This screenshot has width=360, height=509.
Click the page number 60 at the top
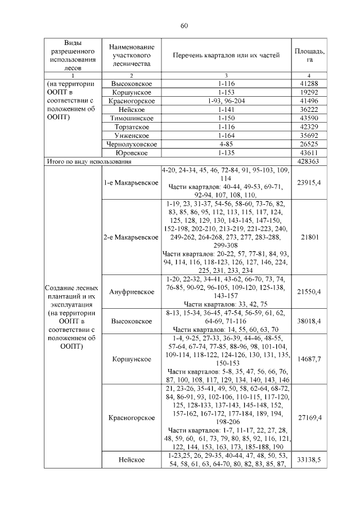click(x=183, y=25)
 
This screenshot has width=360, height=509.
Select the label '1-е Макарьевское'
click(x=132, y=182)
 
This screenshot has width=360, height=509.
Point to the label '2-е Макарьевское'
click(x=132, y=237)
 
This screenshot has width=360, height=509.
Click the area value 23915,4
click(x=309, y=182)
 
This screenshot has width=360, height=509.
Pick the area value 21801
click(x=309, y=237)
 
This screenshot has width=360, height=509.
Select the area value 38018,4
click(x=309, y=321)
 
